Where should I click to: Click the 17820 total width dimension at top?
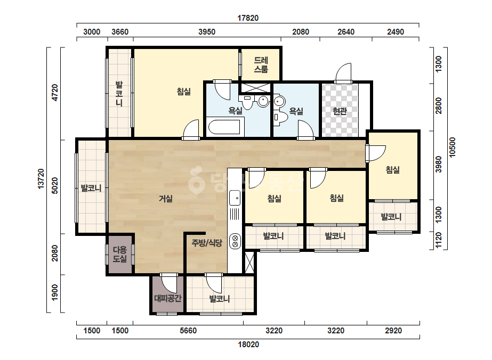coord(248,18)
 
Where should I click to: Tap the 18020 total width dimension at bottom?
coord(248,345)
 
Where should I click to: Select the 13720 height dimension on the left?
coord(41,179)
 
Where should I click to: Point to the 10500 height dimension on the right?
coord(452,148)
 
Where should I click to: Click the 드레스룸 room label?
coord(261,64)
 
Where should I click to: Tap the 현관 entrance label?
coord(340,111)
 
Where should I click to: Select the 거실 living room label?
coord(166,199)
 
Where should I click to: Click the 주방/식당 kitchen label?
coord(207,243)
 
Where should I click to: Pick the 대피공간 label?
coord(167,298)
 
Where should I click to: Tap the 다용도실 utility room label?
coord(120,255)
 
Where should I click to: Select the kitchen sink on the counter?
coord(235,198)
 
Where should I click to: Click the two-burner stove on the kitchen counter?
coord(235,241)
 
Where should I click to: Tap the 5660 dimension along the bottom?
coord(188,331)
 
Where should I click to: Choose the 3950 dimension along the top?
coord(207,31)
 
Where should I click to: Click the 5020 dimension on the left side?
coord(54,186)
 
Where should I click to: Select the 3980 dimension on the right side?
coord(439,165)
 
